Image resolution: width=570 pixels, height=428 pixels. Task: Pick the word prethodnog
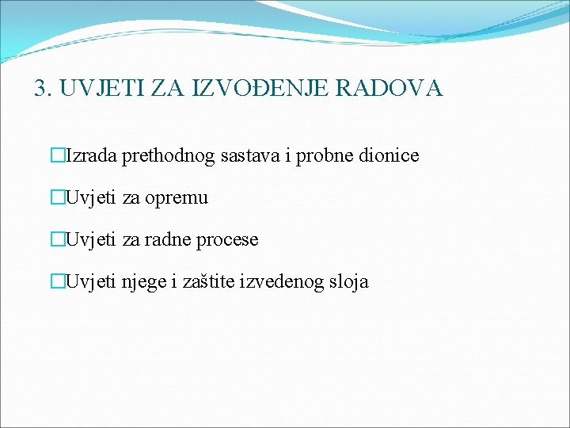click(x=168, y=156)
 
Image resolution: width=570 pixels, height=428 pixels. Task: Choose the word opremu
click(x=178, y=198)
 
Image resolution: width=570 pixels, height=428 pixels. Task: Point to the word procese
click(x=230, y=239)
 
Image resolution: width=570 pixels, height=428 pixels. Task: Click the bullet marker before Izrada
click(x=56, y=156)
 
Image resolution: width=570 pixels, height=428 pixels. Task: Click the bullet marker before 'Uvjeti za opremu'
click(x=56, y=198)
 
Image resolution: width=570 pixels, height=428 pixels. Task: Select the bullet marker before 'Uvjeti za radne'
click(x=56, y=239)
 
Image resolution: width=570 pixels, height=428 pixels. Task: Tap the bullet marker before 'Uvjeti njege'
click(x=56, y=281)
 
